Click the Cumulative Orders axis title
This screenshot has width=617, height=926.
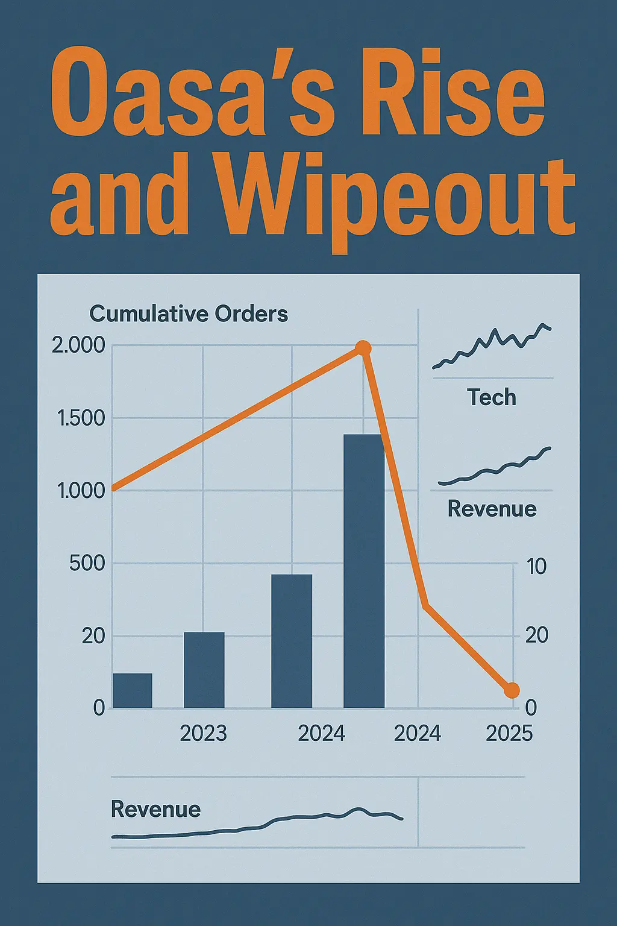coord(189,314)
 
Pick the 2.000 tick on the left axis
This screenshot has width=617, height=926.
coord(78,346)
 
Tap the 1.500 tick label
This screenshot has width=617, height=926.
coord(81,418)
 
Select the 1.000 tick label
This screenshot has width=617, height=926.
coord(81,491)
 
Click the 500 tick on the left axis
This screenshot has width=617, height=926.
coord(87,564)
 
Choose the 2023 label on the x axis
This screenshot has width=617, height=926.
coord(204,733)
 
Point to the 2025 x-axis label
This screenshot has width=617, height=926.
coord(509,733)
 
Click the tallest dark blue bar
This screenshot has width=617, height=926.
coord(364,570)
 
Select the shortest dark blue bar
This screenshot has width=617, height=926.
coord(133,690)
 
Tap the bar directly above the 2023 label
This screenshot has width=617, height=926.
coord(204,670)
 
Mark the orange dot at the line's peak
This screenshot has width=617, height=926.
coord(363,348)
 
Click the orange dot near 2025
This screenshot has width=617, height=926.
coord(511,690)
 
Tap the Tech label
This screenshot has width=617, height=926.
coord(492,398)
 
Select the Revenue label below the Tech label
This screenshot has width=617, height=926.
coord(492,509)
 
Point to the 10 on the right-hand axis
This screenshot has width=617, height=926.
coord(536,566)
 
